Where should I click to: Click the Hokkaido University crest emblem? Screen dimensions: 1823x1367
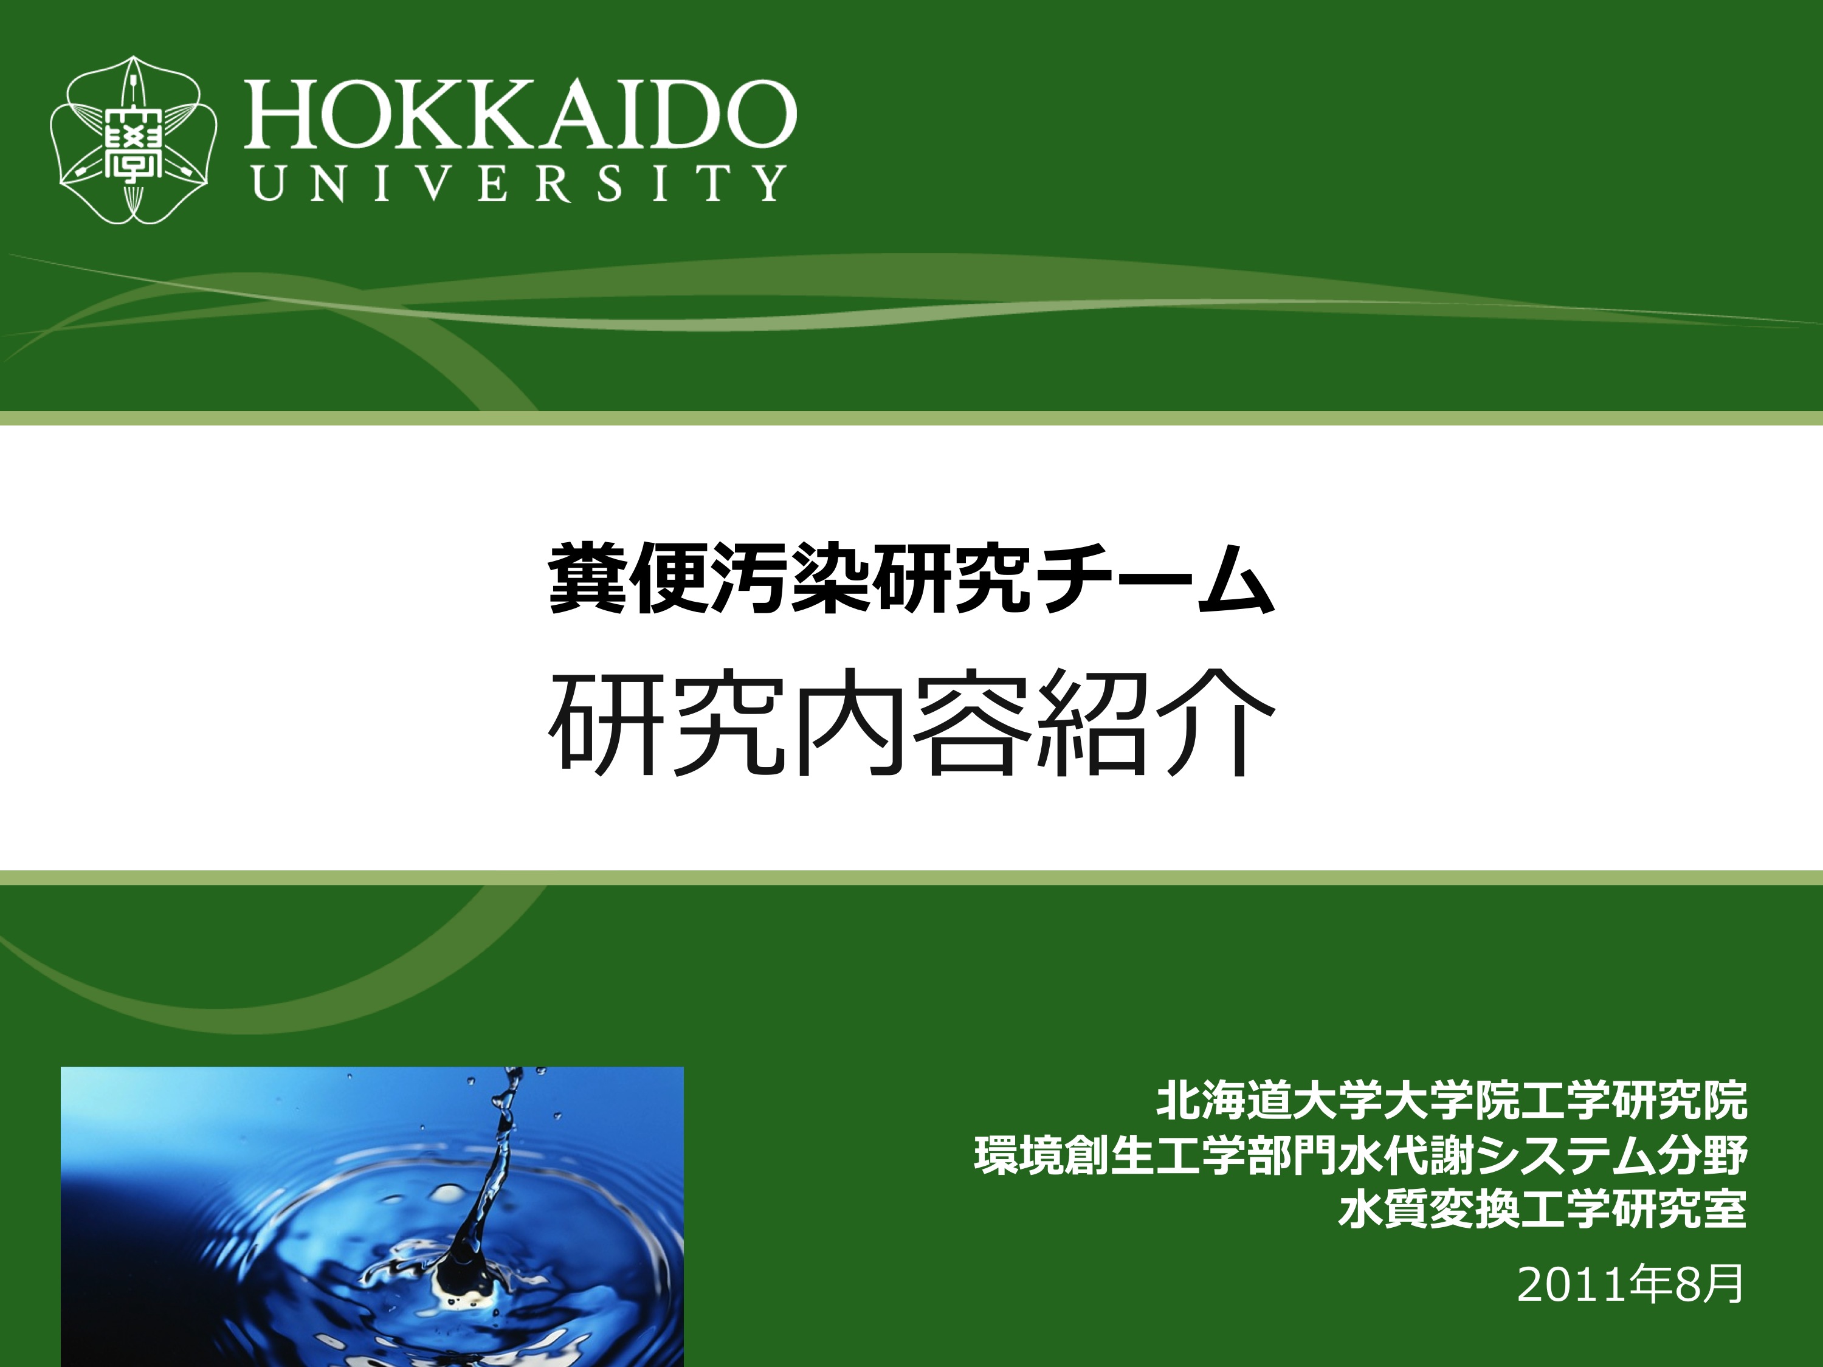pyautogui.click(x=134, y=139)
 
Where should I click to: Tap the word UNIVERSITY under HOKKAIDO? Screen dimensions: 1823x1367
pyautogui.click(x=519, y=183)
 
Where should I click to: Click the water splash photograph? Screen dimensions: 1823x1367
pyautogui.click(x=373, y=1216)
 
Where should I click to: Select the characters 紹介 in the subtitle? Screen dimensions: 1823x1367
pyautogui.click(x=1154, y=725)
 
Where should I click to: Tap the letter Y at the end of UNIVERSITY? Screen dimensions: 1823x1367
pyautogui.click(x=770, y=183)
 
